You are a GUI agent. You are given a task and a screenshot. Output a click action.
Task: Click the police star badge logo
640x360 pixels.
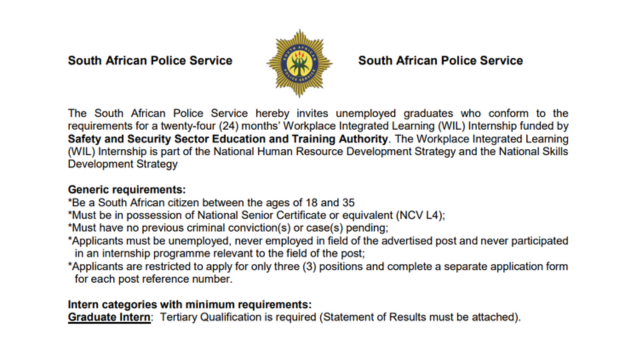click(x=299, y=61)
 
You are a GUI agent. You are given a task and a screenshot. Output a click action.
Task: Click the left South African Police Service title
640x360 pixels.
click(x=150, y=61)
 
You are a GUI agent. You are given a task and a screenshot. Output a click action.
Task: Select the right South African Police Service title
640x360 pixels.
click(x=440, y=61)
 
